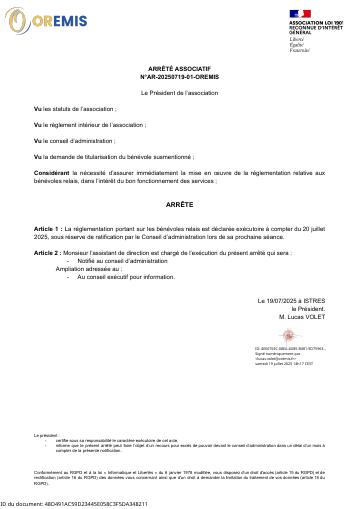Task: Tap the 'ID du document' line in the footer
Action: point(75,504)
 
